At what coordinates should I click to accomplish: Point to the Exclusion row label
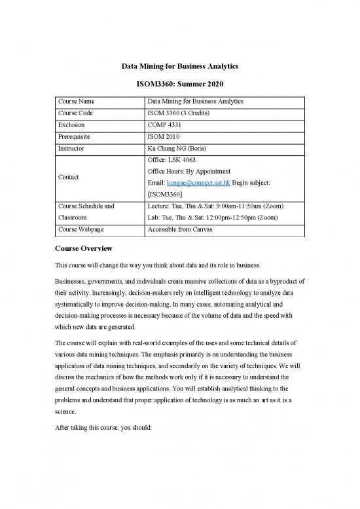coord(71,124)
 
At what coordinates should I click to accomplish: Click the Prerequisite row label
coord(77,137)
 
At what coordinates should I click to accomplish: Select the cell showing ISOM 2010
coord(168,137)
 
